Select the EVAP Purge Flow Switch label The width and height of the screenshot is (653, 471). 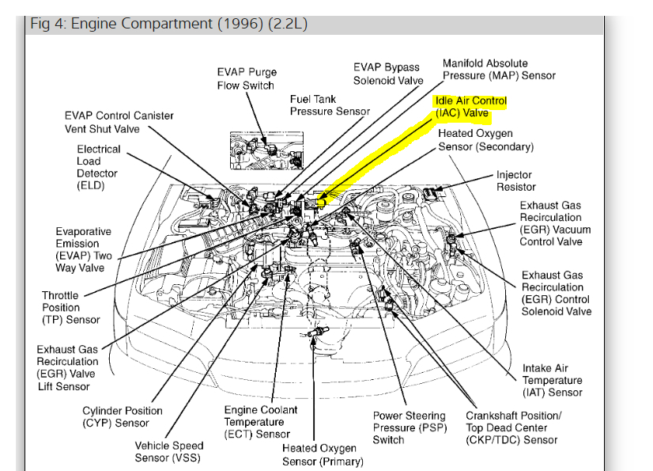(x=246, y=78)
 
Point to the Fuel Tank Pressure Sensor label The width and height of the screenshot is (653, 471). (x=329, y=105)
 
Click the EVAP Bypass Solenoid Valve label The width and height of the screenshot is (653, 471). (x=388, y=74)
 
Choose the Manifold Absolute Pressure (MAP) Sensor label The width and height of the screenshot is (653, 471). (x=499, y=70)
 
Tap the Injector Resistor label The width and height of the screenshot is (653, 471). (x=515, y=180)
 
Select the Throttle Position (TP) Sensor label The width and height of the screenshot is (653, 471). (x=71, y=307)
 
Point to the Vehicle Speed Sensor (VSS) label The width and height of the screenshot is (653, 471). (x=167, y=451)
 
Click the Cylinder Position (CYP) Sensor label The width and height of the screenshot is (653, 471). (x=123, y=416)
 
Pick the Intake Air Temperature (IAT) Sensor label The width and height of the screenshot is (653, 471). (x=552, y=380)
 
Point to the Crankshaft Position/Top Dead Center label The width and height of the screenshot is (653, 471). (x=514, y=427)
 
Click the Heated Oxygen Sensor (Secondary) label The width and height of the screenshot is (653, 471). (x=485, y=140)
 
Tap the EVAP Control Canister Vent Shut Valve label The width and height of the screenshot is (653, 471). (x=119, y=122)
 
